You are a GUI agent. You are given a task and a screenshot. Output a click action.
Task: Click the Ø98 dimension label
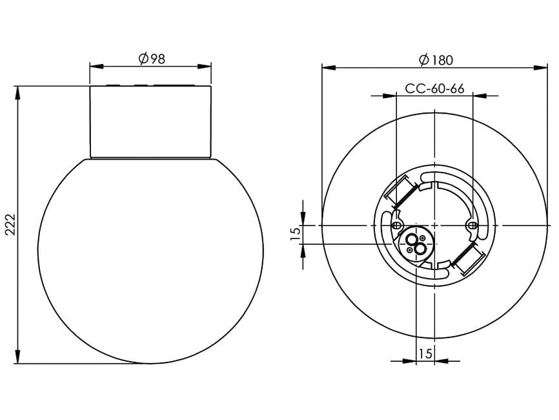[x=152, y=58]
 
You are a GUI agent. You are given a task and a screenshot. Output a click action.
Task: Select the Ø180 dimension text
[x=436, y=60]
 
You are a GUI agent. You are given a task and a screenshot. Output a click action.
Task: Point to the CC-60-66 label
[x=434, y=89]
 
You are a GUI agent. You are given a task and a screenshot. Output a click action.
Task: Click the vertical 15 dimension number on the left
[x=295, y=234]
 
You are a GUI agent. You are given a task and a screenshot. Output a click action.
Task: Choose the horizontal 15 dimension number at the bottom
[x=425, y=353]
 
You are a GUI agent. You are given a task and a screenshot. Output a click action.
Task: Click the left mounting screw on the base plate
[x=396, y=224]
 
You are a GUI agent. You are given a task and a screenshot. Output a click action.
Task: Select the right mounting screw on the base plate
[x=472, y=225]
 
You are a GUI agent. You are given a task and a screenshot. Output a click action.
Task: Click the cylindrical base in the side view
[x=150, y=121]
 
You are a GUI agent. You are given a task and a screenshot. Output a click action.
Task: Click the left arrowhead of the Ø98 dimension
[x=94, y=66]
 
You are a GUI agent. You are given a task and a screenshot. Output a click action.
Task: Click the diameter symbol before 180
[x=423, y=60]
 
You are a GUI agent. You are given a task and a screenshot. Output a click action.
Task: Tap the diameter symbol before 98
[x=143, y=58]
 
